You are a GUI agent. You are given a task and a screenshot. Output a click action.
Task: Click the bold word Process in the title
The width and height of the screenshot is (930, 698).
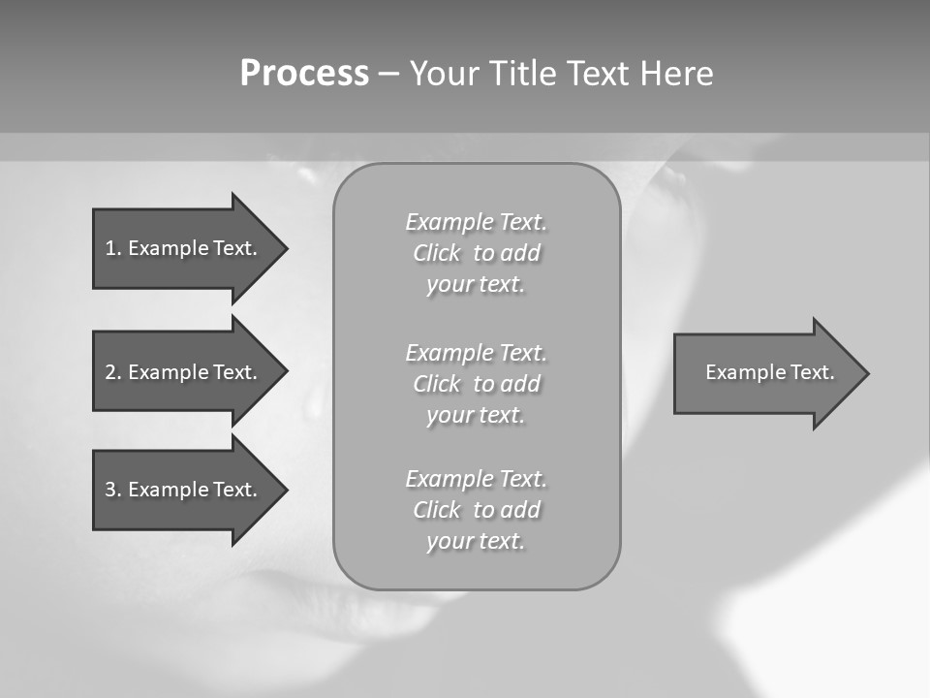[304, 74]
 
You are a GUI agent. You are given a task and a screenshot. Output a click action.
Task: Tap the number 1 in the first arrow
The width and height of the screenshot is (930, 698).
[111, 248]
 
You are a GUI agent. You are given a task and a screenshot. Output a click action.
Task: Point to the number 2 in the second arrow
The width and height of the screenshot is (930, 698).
[111, 372]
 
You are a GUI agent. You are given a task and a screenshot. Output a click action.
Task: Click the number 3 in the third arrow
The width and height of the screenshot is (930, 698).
[111, 490]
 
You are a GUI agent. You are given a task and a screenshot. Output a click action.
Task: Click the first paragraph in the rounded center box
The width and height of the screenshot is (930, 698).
[476, 253]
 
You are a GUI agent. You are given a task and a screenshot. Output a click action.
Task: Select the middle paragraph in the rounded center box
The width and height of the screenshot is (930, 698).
[476, 384]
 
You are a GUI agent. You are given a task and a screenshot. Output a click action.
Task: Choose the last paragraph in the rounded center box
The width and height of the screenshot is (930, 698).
[476, 510]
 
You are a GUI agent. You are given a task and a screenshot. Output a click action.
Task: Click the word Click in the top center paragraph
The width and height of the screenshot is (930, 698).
[437, 253]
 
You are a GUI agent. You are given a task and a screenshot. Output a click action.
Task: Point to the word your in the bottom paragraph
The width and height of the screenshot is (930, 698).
[449, 541]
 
